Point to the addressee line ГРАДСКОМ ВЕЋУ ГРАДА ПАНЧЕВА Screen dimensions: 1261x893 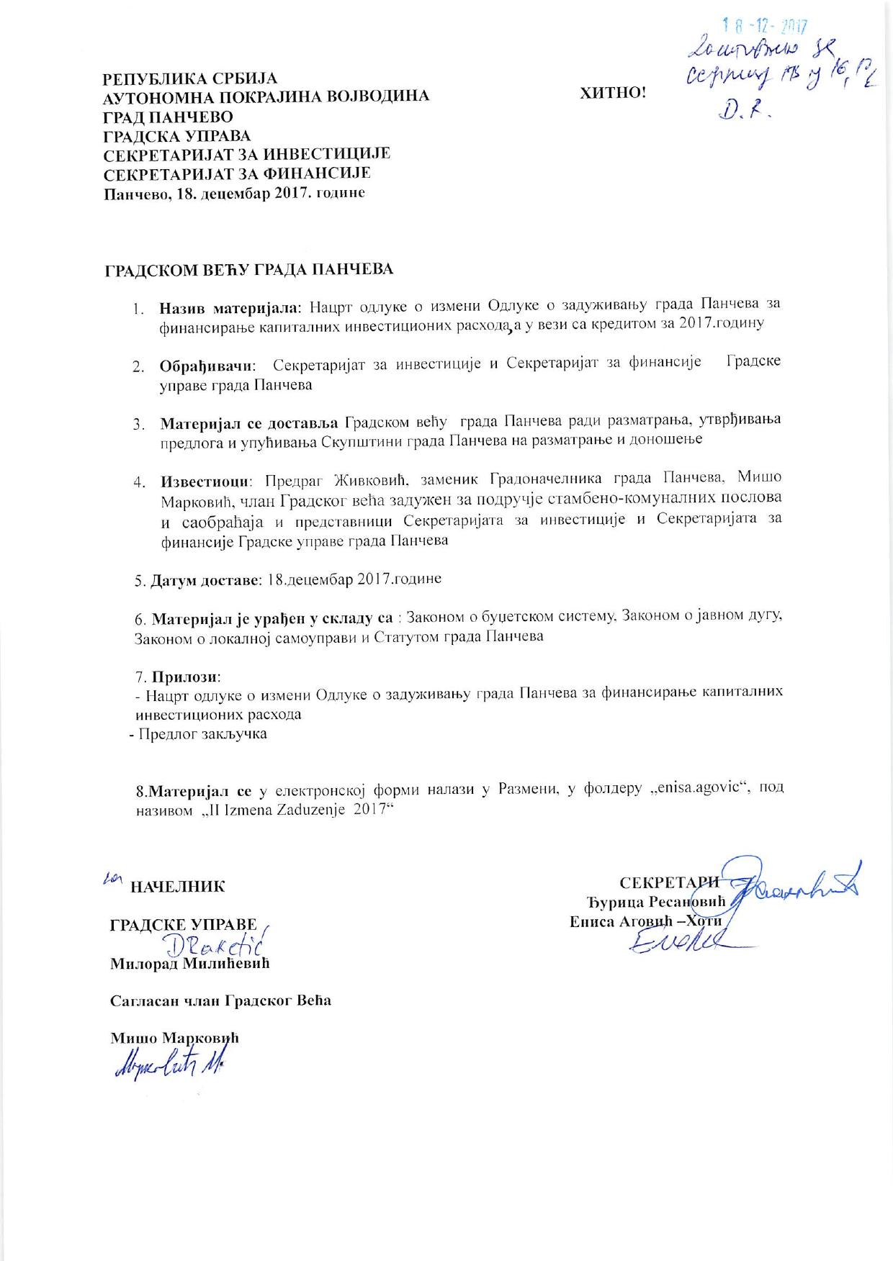[249, 270]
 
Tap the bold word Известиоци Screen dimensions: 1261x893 [205, 480]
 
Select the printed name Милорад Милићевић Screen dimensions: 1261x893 [189, 964]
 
